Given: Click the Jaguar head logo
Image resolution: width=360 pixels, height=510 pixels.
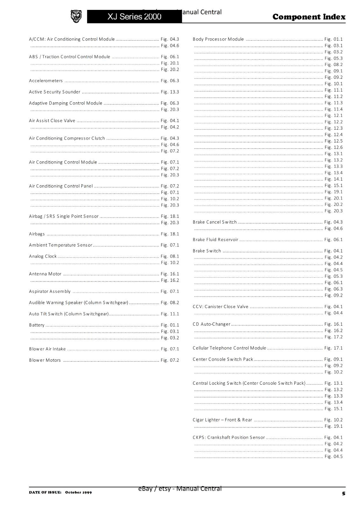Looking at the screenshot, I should [76, 16].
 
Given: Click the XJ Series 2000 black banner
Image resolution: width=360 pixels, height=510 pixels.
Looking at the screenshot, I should [134, 17].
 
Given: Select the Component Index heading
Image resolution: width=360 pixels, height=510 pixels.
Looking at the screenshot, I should [309, 17].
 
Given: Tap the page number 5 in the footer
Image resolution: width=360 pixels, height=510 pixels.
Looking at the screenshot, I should [343, 493].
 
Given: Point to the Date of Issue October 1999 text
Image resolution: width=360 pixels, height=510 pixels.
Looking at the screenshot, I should [60, 492].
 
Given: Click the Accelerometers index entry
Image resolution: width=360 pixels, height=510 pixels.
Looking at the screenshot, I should [46, 81].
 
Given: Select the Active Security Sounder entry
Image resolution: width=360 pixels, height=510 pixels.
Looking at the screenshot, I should [54, 92].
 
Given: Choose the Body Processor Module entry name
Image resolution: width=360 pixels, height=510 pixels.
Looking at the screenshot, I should [218, 39].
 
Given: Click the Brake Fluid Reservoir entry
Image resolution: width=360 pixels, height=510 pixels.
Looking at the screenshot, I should [215, 240].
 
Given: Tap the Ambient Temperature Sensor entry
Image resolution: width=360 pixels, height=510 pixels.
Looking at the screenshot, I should [61, 245].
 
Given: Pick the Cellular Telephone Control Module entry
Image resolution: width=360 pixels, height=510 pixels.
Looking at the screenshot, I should [229, 348].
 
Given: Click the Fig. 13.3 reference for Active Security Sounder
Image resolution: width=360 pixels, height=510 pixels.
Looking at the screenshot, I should [170, 92].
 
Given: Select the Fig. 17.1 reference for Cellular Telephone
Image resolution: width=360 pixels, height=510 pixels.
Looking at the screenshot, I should [334, 348].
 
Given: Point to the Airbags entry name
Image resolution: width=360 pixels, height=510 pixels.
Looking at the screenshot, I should [37, 234].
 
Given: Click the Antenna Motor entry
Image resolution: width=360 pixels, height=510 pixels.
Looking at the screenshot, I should [45, 274].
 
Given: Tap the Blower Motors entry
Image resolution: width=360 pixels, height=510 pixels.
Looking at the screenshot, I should [45, 360].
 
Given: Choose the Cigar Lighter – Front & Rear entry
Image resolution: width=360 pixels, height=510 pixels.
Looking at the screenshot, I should [222, 420].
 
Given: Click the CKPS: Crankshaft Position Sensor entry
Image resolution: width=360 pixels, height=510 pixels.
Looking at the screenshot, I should [229, 437].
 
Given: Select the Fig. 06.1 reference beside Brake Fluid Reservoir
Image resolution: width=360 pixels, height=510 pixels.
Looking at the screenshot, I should [334, 240].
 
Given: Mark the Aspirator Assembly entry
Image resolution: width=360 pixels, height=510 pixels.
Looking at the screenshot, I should [50, 291].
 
